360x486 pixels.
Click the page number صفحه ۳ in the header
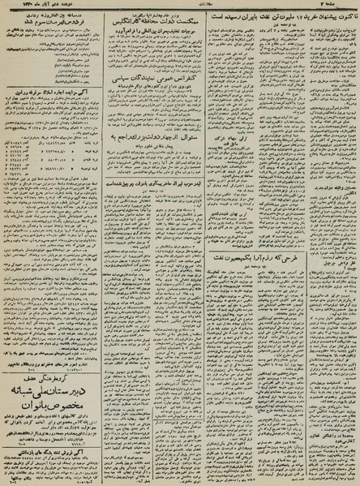click(x=341, y=7)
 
